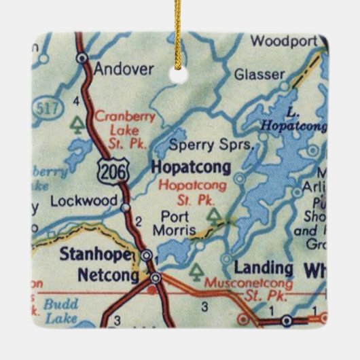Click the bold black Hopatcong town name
(x=192, y=166)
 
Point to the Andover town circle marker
(x=82, y=58)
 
